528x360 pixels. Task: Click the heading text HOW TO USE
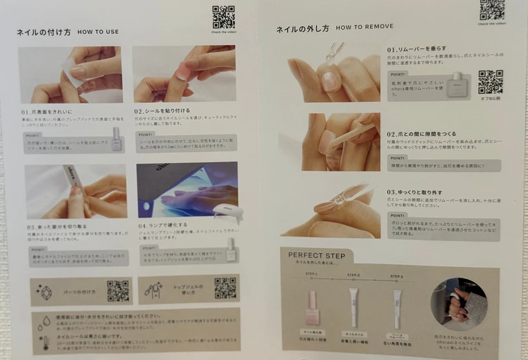click(x=98, y=32)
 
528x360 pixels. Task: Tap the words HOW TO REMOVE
click(x=364, y=27)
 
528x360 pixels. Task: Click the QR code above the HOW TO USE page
click(x=223, y=16)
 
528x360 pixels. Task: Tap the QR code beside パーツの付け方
click(x=118, y=290)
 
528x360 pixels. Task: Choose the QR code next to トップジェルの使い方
click(x=225, y=287)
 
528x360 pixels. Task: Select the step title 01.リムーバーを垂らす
click(x=416, y=49)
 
